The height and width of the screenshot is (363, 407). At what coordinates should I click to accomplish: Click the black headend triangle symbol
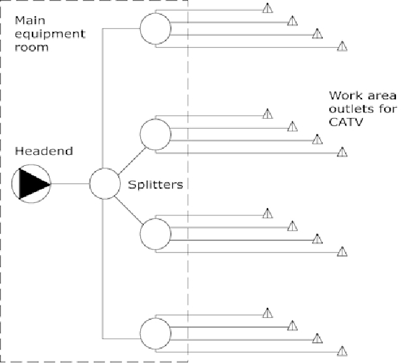point(33,183)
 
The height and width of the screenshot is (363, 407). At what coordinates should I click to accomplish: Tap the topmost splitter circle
point(155,28)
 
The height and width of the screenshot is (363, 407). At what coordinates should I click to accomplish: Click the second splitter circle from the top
point(155,134)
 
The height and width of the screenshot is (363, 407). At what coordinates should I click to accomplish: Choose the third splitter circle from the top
point(155,233)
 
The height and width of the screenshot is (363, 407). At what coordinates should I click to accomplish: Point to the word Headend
point(44,151)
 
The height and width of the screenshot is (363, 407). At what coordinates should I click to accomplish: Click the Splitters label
point(156,185)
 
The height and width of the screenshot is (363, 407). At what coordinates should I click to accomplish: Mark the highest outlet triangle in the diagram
point(267,8)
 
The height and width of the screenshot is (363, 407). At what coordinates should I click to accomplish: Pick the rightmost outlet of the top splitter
point(342,46)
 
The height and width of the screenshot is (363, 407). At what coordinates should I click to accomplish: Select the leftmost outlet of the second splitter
point(267,115)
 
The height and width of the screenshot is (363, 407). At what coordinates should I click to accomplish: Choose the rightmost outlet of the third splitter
point(342,251)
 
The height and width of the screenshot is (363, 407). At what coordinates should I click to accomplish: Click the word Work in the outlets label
point(342,95)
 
